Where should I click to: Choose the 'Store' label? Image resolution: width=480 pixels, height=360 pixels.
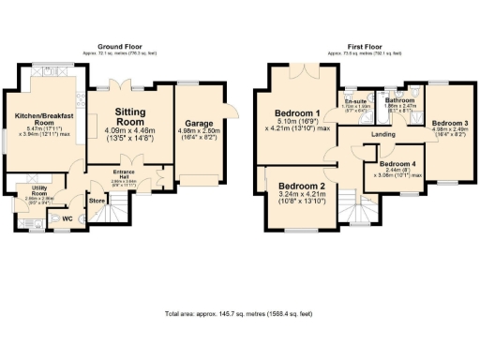tap(96, 200)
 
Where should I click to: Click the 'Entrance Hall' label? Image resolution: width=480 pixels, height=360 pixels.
tap(125, 175)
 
